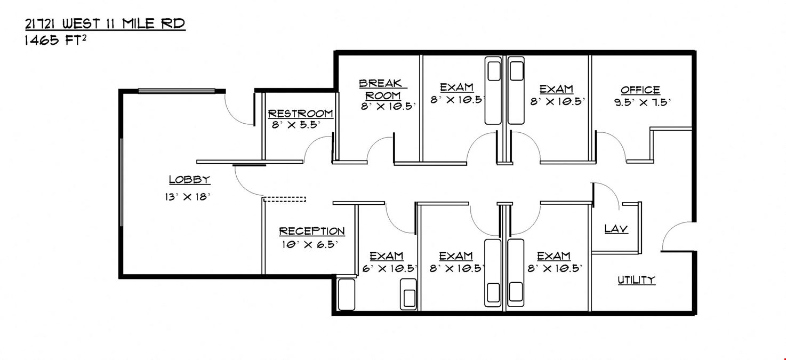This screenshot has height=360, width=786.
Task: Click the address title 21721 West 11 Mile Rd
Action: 105,24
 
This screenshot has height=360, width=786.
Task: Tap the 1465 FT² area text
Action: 55,40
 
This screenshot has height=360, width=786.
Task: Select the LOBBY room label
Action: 189,180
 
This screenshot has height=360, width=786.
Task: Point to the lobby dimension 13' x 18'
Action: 187,197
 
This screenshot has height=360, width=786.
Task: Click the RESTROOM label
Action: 300,114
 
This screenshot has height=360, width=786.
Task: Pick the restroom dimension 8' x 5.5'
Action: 296,125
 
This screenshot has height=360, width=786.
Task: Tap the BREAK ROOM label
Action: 382,90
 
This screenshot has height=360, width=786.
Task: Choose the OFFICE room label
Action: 640,90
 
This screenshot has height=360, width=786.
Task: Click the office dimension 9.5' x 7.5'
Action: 642,102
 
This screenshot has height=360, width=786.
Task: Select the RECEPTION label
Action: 312,231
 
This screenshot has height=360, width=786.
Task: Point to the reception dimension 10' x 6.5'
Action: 309,245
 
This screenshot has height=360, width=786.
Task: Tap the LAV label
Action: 616,229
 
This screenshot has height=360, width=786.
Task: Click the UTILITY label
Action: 636,280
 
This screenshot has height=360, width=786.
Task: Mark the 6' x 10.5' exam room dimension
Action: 389,269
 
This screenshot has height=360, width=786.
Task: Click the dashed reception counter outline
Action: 284,199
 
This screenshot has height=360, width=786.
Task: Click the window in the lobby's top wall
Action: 177,91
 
